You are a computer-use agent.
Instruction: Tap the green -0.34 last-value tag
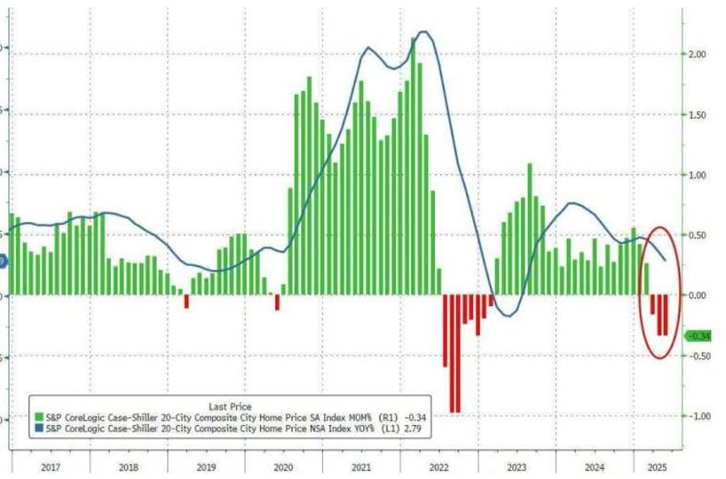tap(700, 335)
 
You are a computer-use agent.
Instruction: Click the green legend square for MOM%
tap(38, 415)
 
